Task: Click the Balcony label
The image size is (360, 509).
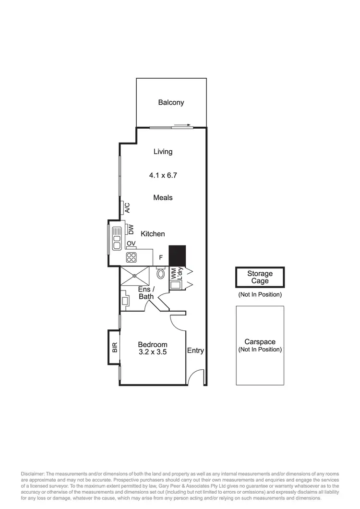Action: (x=171, y=102)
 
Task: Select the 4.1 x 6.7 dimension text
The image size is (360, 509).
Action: (x=163, y=176)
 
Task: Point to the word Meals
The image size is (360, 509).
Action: (x=163, y=197)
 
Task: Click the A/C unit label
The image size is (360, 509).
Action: (x=127, y=207)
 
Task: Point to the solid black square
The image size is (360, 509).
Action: (x=177, y=254)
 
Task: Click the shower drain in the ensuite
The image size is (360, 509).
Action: (x=135, y=276)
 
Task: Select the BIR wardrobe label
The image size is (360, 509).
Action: (x=114, y=347)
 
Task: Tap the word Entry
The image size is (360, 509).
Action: (x=195, y=351)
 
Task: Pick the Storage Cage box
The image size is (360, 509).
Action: (x=260, y=278)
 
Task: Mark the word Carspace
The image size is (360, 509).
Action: (x=260, y=342)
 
